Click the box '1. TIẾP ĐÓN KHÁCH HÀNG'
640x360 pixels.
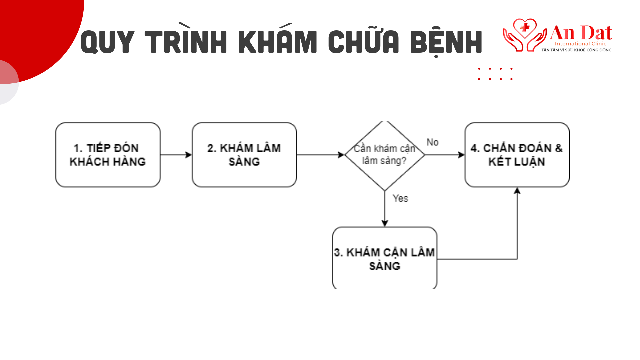(108, 155)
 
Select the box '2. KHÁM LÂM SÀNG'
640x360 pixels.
(244, 155)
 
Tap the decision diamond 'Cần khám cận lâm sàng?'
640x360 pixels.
(385, 155)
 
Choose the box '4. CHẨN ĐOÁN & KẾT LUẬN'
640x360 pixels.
(517, 155)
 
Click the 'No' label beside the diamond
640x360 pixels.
(432, 142)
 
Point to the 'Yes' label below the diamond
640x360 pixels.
(400, 198)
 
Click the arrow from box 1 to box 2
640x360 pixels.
(176, 155)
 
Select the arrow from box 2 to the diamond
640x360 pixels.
(320, 155)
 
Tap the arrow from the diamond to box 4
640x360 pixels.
(445, 155)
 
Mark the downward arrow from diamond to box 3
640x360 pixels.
(385, 209)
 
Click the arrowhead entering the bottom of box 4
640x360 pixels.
(517, 190)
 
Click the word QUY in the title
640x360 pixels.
(107, 42)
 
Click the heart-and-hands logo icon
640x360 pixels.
(525, 35)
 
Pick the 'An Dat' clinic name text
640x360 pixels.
(581, 33)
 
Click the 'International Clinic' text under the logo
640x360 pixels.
(581, 44)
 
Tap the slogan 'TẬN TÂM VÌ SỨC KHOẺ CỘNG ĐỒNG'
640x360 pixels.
(576, 50)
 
